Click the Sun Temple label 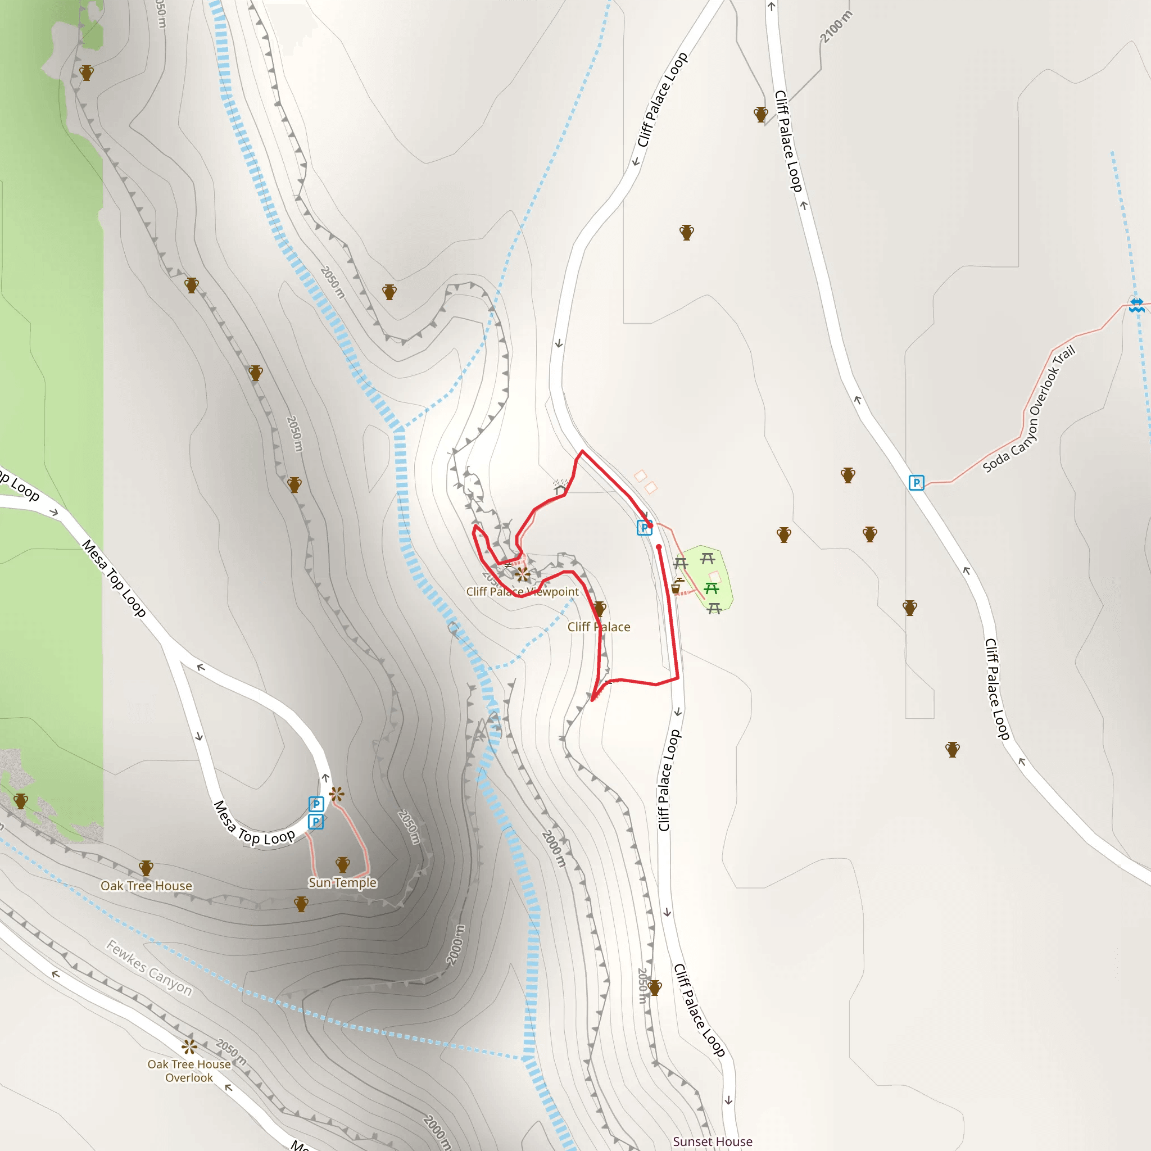[343, 882]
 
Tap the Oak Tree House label [146, 886]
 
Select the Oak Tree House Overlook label [189, 1071]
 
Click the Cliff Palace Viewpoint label [522, 592]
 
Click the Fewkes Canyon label [149, 968]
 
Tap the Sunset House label [713, 1141]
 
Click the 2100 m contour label [836, 28]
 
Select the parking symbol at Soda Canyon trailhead [916, 483]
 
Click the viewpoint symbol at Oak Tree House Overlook [189, 1046]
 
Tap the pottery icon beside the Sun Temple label [343, 864]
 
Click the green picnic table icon [712, 588]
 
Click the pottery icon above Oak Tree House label [146, 868]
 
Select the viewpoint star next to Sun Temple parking [337, 794]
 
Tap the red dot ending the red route [659, 547]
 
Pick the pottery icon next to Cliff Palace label [600, 608]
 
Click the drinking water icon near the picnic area [676, 587]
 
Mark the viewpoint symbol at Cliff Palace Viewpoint [523, 574]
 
